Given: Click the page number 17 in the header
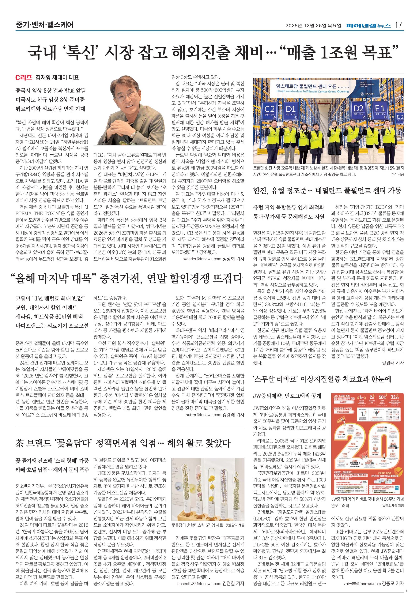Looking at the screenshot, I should click(x=399, y=25).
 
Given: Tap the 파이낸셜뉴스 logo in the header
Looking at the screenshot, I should click(x=369, y=25).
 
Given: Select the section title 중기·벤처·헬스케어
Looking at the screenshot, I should click(x=44, y=25).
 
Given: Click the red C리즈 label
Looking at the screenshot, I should click(x=24, y=78).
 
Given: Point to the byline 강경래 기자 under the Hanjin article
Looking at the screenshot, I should click(x=393, y=363).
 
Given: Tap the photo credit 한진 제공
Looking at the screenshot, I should click(x=397, y=175).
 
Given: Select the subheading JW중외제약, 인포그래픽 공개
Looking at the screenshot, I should click(x=287, y=396).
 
